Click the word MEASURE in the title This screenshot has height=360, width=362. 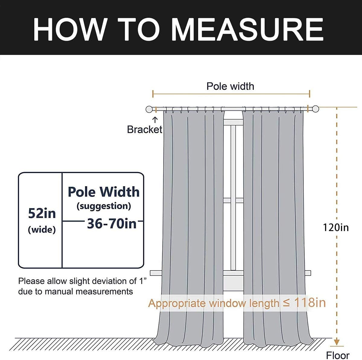(247, 29)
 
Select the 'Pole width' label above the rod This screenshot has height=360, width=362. (230, 86)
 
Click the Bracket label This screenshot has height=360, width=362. (144, 130)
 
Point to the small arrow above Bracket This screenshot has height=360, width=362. (155, 120)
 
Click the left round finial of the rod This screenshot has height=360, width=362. (149, 109)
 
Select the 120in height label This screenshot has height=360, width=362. (335, 227)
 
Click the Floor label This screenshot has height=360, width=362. (338, 355)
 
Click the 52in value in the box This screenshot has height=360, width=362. (42, 214)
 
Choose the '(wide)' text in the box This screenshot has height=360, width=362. (42, 230)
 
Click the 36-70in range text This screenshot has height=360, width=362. (112, 224)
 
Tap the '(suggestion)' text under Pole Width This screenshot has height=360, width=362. (104, 206)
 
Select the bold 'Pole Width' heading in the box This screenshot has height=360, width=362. (103, 192)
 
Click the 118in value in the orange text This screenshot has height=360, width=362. (310, 302)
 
